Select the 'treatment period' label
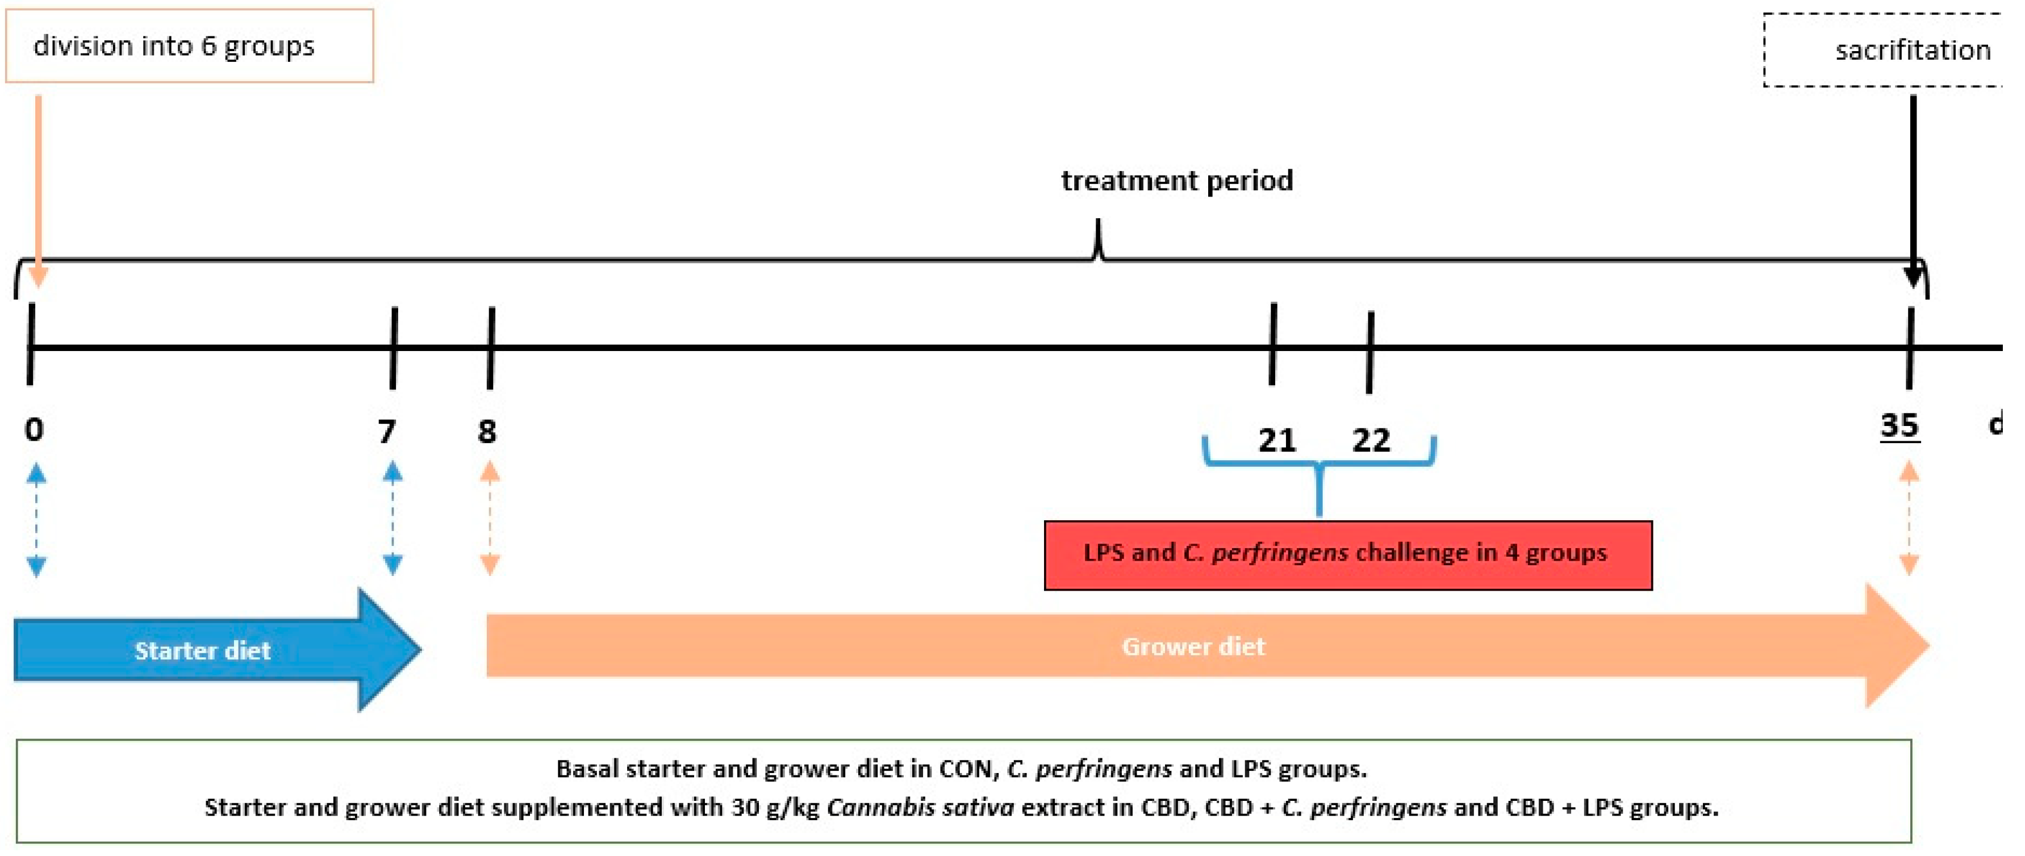pos(1177,181)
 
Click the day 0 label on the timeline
pos(34,429)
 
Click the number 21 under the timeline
pos(1277,440)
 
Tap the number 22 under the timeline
pos(1371,440)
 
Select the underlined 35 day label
pos(1899,425)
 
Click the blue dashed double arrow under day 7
pos(393,519)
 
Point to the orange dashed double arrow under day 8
pos(490,519)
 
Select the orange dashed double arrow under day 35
pos(1909,519)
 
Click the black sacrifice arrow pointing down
pos(1913,189)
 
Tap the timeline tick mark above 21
pos(1273,344)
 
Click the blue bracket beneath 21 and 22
pos(1319,471)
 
